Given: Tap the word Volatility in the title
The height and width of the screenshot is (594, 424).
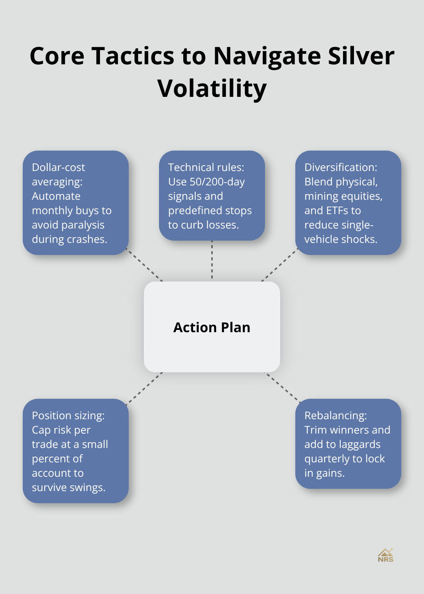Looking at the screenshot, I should pos(212,89).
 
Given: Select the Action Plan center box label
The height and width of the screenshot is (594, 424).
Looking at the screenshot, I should pos(212,327).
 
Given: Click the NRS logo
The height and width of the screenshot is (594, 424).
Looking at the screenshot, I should pos(385,555).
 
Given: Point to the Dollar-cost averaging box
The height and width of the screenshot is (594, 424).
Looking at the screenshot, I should pos(76,203).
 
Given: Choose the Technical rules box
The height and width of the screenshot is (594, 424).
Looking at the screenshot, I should pos(212,196).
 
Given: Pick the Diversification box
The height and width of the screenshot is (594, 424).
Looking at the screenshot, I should pos(348,203).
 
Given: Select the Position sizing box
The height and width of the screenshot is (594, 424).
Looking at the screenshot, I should pos(76,451).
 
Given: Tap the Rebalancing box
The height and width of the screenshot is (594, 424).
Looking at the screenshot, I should pos(348,444).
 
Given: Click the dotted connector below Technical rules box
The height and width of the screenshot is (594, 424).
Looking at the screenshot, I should pos(212,261).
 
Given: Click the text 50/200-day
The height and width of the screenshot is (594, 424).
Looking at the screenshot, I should pos(217,182).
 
